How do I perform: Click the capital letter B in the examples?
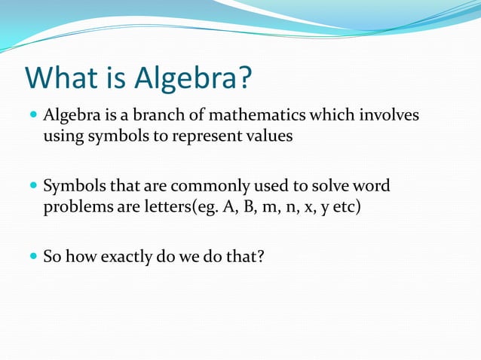tap(243, 206)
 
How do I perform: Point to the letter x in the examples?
tap(305, 207)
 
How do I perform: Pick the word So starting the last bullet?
tap(52, 257)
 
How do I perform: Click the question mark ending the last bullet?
tap(260, 257)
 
